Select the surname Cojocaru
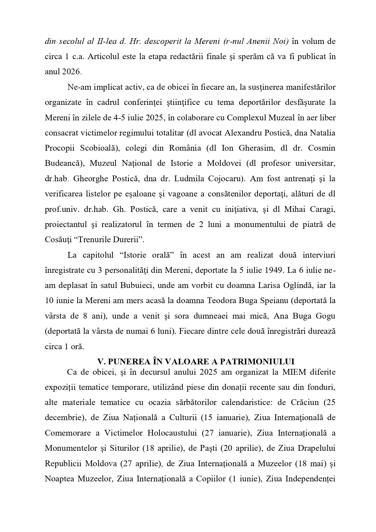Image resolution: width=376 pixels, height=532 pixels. (x=226, y=179)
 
